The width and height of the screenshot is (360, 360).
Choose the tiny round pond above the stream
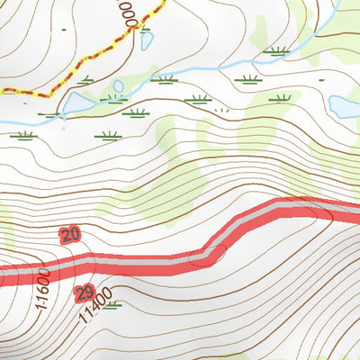118,86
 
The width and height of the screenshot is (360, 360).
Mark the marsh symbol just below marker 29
111,304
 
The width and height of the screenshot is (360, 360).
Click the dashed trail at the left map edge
3,90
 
